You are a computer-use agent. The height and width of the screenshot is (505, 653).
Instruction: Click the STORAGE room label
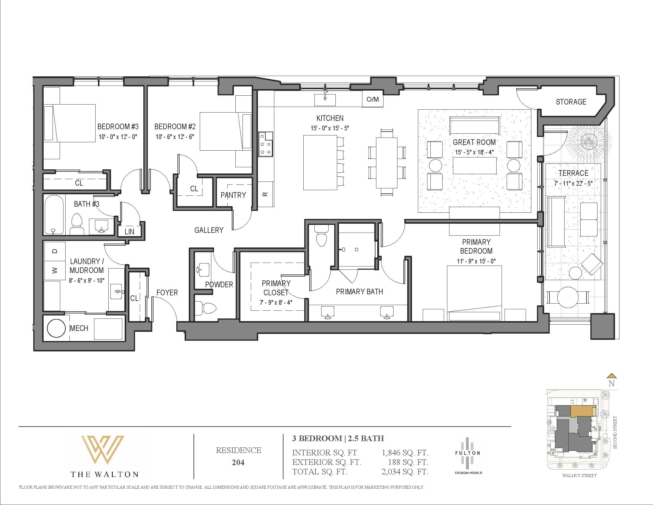571,102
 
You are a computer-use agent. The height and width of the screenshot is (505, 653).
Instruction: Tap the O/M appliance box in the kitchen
373,99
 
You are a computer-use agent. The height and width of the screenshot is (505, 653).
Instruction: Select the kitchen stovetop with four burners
266,144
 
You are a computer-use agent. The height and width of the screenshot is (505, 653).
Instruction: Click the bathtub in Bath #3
54,214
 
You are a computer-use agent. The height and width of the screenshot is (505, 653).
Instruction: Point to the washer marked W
55,270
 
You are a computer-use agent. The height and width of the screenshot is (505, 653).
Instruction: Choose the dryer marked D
55,251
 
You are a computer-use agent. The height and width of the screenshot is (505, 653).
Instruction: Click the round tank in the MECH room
56,328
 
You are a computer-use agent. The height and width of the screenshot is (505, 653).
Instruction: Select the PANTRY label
233,195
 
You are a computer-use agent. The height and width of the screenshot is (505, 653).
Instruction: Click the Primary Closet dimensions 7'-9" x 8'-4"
276,302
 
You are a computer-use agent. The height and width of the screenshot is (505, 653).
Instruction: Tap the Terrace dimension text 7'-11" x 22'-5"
573,183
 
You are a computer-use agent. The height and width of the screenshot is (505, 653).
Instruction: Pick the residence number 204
238,463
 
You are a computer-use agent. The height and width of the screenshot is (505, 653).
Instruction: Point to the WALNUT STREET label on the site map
579,475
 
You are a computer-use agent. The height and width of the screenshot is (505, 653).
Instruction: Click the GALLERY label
209,230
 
